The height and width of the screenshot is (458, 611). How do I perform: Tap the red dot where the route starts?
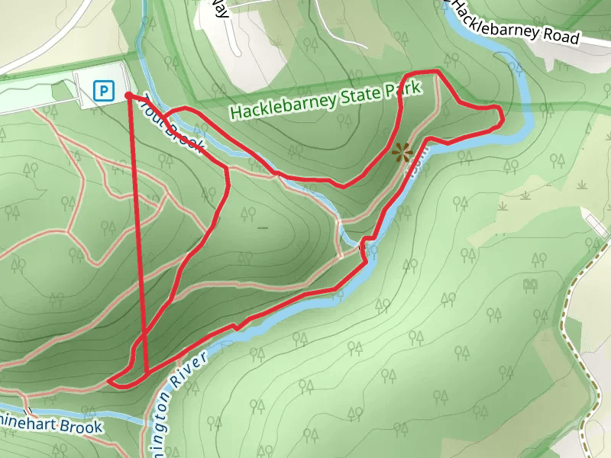[128, 95]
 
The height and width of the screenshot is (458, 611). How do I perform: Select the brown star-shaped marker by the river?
[402, 152]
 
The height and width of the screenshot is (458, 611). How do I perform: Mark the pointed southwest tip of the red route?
[111, 379]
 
